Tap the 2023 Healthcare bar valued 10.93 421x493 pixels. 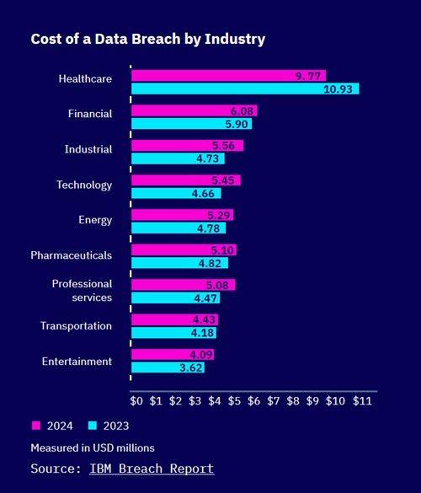(245, 88)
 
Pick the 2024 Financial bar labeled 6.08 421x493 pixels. (195, 110)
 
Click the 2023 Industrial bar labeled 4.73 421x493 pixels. (178, 158)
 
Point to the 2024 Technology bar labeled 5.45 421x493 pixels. (186, 180)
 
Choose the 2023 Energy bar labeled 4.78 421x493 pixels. (179, 228)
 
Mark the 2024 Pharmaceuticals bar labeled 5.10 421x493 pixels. (184, 249)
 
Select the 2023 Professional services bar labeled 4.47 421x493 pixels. (176, 297)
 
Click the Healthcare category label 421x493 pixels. (85, 79)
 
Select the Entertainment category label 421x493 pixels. (77, 362)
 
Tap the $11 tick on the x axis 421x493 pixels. (362, 402)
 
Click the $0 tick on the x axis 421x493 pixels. (136, 402)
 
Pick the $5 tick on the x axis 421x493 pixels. (235, 402)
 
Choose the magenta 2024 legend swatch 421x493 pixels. (36, 426)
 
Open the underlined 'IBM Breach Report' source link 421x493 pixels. (152, 468)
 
